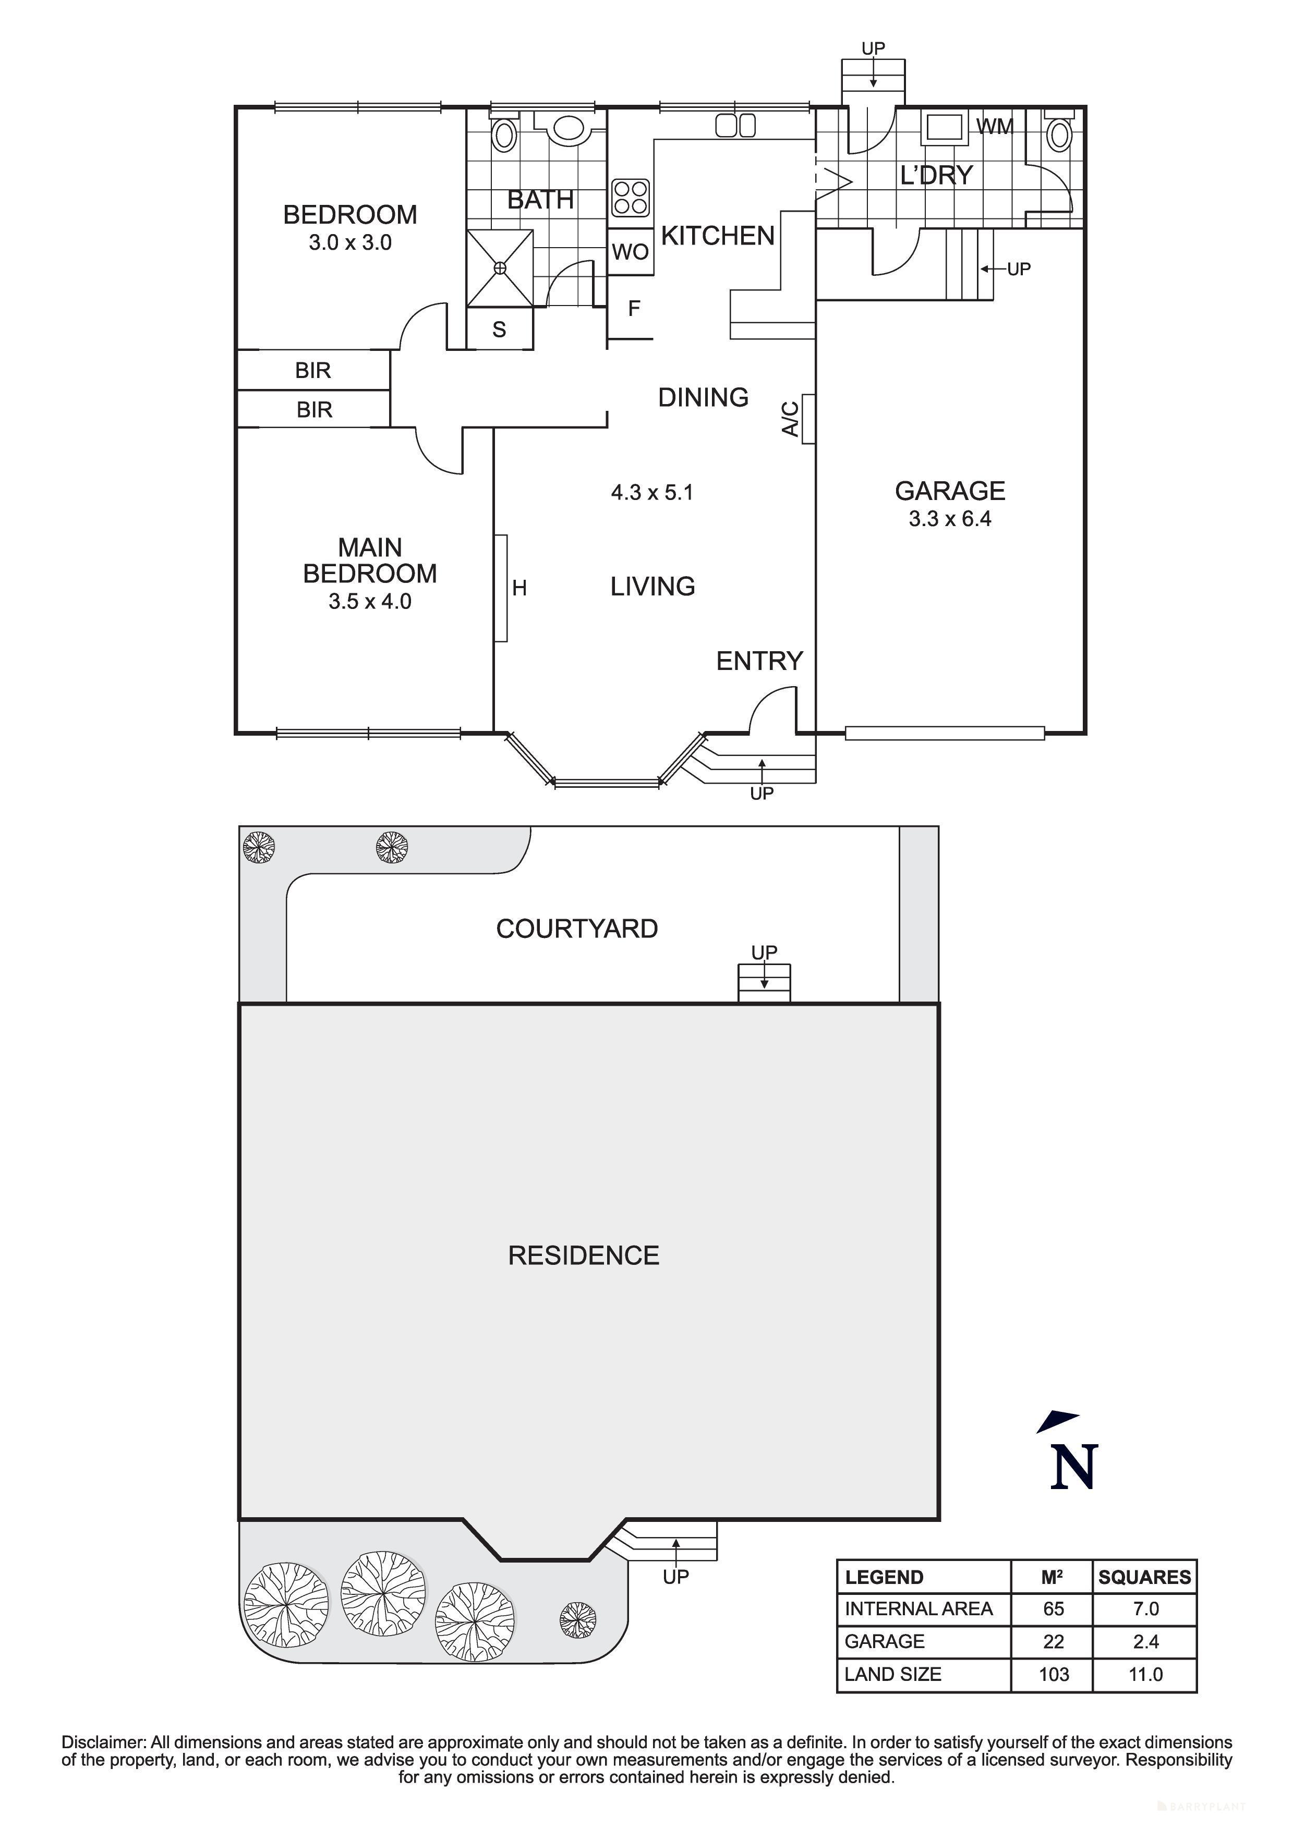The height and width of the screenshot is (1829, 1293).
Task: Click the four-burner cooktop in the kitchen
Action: tap(630, 198)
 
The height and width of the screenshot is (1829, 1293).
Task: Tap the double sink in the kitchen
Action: tap(735, 126)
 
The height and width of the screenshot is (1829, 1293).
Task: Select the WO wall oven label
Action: tap(630, 252)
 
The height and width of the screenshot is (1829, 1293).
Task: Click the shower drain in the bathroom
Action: tap(500, 267)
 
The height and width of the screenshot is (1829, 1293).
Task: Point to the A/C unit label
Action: tap(790, 419)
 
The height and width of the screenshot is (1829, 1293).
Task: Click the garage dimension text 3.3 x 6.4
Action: tap(950, 519)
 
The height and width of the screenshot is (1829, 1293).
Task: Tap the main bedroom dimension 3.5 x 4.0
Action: tap(370, 602)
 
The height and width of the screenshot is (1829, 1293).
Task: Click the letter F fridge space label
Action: tap(634, 308)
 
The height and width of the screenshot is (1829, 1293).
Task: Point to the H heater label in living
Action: tap(519, 589)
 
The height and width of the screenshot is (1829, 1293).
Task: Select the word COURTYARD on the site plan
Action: tap(577, 929)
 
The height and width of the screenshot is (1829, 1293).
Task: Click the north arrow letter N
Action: tap(1074, 1467)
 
